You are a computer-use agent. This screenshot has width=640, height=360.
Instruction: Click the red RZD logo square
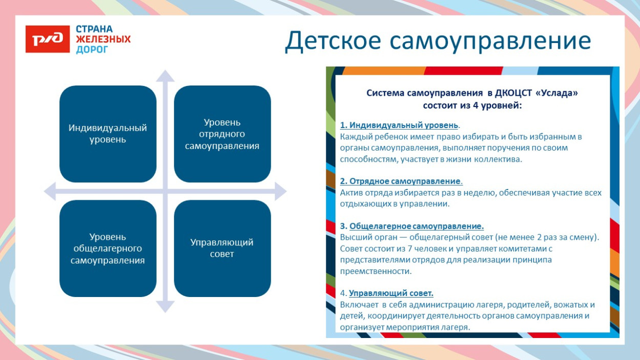click(47, 39)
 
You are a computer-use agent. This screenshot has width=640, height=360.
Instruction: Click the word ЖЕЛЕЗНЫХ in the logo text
click(103, 39)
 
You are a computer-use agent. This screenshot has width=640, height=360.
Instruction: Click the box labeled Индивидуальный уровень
click(108, 134)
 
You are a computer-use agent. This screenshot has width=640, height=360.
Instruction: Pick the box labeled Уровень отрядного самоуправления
click(222, 134)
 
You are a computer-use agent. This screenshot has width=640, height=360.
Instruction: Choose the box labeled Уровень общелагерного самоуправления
click(108, 248)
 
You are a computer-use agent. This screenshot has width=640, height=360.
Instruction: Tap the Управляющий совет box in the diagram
click(222, 248)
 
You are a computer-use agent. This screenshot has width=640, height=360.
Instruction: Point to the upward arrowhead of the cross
click(165, 76)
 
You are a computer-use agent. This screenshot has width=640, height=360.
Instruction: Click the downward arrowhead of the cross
click(165, 306)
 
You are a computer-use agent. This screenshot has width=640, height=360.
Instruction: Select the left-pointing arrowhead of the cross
click(50, 192)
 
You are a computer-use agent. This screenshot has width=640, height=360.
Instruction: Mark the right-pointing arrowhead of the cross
click(280, 192)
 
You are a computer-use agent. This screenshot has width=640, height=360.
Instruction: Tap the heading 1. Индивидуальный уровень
click(399, 125)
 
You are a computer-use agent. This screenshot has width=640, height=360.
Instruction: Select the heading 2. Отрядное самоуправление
click(401, 181)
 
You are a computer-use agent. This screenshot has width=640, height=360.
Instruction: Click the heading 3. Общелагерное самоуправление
click(412, 226)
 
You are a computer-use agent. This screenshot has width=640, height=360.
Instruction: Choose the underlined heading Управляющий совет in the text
click(391, 293)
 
